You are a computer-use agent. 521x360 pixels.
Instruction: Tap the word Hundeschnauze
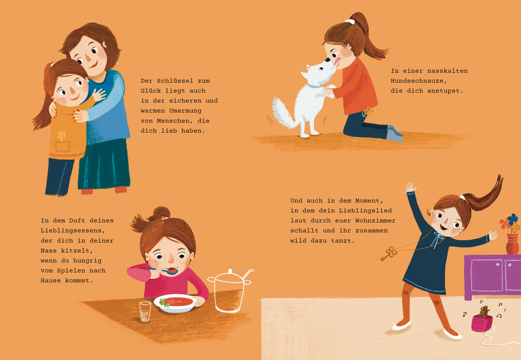419,81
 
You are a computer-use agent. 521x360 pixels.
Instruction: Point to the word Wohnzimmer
375,220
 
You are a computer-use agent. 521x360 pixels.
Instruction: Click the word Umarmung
185,111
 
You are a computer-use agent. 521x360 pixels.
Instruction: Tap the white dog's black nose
327,60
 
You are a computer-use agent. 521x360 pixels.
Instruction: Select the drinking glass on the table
145,311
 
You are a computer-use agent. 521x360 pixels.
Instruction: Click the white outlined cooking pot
230,291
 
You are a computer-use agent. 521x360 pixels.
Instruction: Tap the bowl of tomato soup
175,303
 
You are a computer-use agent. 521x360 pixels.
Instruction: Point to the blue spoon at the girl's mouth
163,270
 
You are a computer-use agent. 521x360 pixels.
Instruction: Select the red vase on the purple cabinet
512,244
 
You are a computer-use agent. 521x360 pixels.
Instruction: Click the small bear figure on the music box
484,311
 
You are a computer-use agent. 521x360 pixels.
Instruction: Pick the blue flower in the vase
513,219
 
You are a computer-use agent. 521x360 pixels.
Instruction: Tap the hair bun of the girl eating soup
160,214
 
